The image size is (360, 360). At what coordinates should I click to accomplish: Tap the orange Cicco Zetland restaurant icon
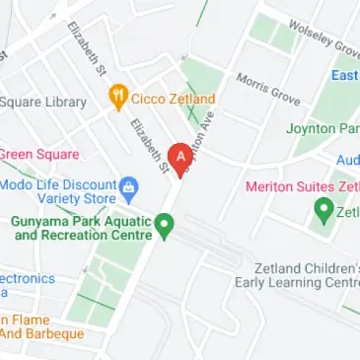point(118,98)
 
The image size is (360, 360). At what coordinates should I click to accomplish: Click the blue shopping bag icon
point(127,185)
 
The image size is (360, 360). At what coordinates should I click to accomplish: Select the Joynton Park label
point(323,128)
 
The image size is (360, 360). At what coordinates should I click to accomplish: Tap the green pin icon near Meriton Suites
point(322,210)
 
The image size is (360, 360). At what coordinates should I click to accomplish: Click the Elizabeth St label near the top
point(86,50)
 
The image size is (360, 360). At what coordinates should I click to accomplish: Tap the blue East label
point(344,76)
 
